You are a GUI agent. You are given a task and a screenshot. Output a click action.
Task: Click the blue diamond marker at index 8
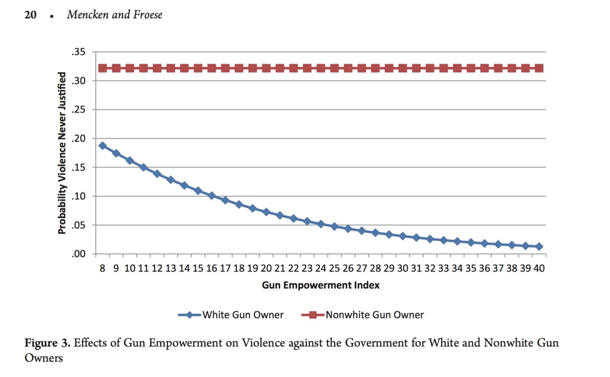tap(103, 146)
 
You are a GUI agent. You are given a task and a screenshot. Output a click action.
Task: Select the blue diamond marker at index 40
tap(539, 246)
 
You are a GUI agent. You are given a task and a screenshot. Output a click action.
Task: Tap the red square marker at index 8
tap(103, 68)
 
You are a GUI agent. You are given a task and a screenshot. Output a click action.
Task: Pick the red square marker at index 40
tap(539, 68)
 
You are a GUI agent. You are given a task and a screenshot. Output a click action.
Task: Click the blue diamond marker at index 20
tap(266, 212)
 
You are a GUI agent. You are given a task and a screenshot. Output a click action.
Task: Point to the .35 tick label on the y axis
tap(78, 52)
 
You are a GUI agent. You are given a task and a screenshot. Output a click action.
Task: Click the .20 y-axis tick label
tap(78, 139)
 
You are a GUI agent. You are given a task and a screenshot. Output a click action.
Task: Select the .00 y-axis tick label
tap(78, 254)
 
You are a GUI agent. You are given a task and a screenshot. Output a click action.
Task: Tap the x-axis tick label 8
tap(103, 268)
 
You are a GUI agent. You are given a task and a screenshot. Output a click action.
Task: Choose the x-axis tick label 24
tap(321, 268)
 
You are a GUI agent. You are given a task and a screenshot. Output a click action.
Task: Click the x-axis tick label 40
tap(539, 268)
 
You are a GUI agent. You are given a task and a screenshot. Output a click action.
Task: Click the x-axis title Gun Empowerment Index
tap(321, 285)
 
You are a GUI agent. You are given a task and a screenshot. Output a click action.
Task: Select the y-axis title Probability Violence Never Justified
tap(62, 153)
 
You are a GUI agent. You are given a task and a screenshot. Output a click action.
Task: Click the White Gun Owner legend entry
tap(231, 315)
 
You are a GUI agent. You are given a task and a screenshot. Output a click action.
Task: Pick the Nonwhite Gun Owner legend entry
tap(363, 315)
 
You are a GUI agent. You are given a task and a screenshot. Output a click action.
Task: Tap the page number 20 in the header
tap(30, 15)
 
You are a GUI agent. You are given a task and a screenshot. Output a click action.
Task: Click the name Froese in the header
tap(148, 15)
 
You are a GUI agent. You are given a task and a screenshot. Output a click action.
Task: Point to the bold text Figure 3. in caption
tap(47, 343)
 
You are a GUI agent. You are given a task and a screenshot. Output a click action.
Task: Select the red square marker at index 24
tap(321, 68)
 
